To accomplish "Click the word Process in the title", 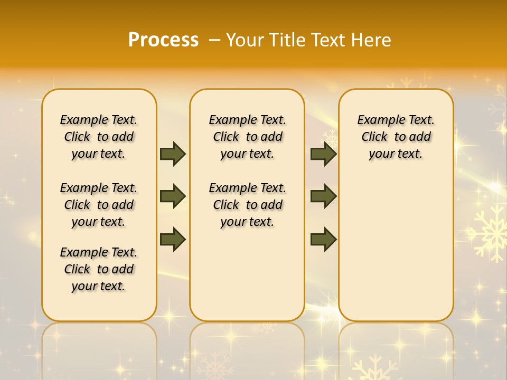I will coord(163,40).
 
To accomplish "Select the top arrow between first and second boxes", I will coord(173,154).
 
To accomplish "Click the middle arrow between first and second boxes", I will coord(173,196).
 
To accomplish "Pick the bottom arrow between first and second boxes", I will coord(173,239).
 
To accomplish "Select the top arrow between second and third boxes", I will coord(323,154).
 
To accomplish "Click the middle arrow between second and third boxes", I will coord(323,196).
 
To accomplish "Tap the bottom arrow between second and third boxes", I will coord(323,239).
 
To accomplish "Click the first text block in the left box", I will coord(99,137).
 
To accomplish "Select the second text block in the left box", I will coord(99,205).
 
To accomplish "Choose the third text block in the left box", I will coord(99,269).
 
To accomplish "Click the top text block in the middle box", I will coord(247,137).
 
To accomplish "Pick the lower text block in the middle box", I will coord(247,205).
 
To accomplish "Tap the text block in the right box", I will coord(396,137).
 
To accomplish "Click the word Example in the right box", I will coord(377,120).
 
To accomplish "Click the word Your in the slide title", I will coord(246,40).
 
